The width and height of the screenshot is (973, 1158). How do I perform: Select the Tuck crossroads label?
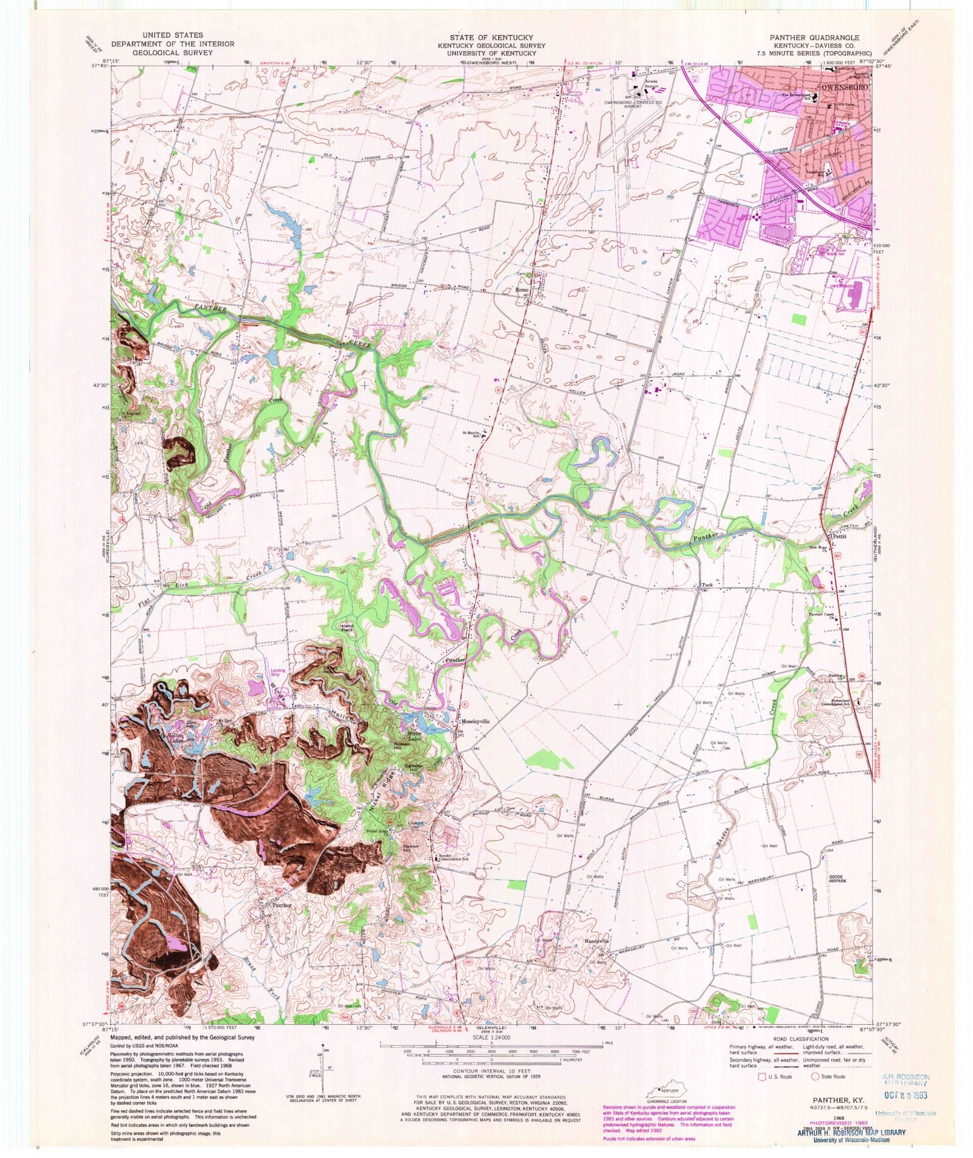pos(707,585)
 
